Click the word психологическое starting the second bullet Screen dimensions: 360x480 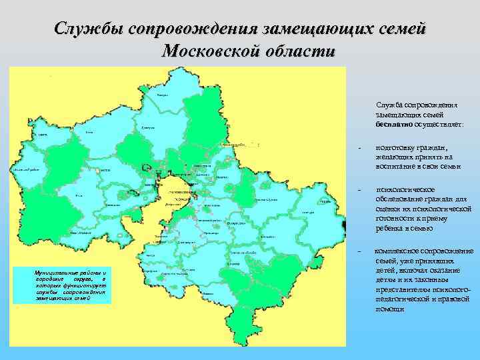[405, 189]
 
